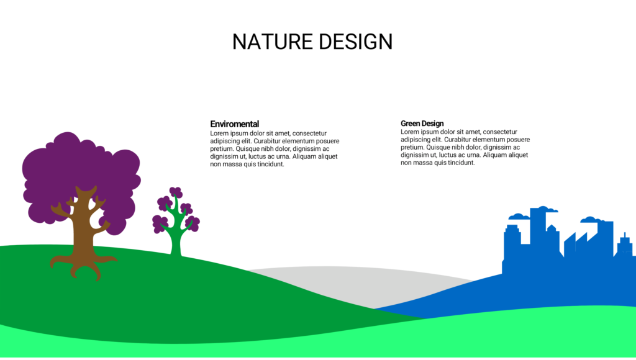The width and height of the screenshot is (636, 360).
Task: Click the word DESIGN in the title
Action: tap(355, 42)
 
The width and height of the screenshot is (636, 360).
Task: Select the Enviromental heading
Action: tap(234, 124)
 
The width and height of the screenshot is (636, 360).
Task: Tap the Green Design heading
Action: tap(422, 124)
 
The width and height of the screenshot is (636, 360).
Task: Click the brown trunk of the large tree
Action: tap(83, 227)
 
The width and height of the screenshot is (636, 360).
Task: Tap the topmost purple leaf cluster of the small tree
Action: tap(176, 192)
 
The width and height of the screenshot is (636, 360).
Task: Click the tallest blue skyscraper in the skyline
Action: tap(538, 227)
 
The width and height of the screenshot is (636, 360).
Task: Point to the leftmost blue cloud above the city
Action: tap(519, 217)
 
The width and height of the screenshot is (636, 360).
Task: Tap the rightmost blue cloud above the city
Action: tap(591, 220)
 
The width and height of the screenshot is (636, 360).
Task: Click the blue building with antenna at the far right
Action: tap(625, 245)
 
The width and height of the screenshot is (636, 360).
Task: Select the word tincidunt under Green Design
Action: tap(461, 163)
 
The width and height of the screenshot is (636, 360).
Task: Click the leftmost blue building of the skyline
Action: tap(512, 243)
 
